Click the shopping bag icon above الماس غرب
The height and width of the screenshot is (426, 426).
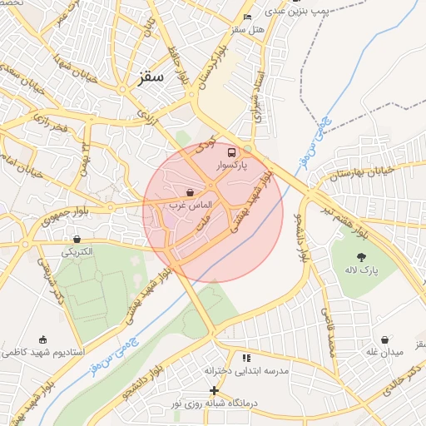pos(191,193)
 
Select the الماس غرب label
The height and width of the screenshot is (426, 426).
pos(191,205)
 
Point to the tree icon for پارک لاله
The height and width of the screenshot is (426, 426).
pos(361,257)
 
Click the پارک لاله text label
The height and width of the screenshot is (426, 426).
pos(363,271)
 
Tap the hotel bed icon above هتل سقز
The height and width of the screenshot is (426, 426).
pos(247,17)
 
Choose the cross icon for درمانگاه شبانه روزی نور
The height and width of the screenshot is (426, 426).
pos(214,390)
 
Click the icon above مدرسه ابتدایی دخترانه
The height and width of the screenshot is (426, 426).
pos(245,358)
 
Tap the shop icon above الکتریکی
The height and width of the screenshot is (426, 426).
pos(77,239)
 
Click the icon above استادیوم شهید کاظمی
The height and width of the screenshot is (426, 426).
pos(42,339)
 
